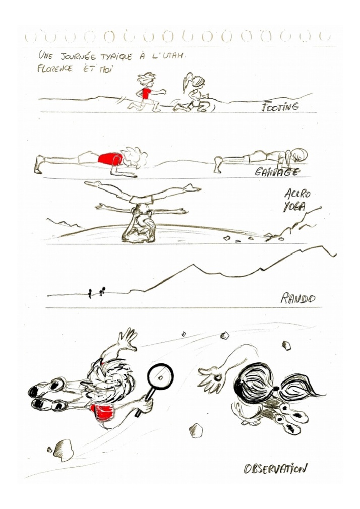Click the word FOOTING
[x=280, y=107]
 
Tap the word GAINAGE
[x=276, y=171]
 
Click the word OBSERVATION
[x=275, y=468]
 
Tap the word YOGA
[x=294, y=206]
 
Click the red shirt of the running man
[x=146, y=93]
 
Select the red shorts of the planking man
[x=110, y=159]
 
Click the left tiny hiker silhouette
[x=90, y=293]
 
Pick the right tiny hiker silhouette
[x=102, y=291]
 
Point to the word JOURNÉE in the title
[x=78, y=57]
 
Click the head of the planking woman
[x=297, y=155]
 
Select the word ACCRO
[x=297, y=194]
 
